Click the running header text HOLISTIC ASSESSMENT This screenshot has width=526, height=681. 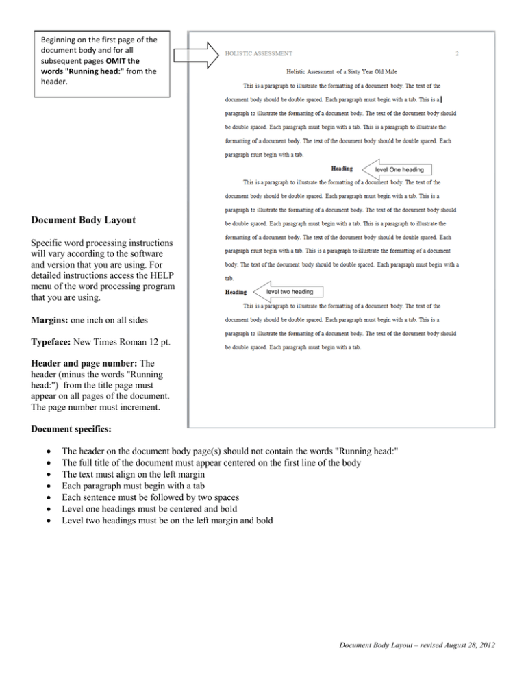click(259, 52)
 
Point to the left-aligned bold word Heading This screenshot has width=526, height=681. click(236, 293)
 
